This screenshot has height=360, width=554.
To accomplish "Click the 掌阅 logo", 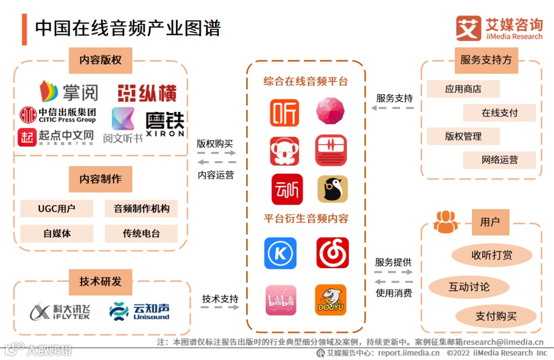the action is click(x=69, y=91).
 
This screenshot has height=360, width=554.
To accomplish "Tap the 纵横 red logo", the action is click(x=147, y=93).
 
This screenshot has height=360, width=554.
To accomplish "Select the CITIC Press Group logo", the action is click(x=57, y=115).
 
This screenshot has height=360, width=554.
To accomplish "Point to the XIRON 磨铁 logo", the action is click(x=164, y=124).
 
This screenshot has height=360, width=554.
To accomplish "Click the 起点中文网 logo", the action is click(x=56, y=137).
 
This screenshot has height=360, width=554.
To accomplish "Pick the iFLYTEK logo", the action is click(x=61, y=311).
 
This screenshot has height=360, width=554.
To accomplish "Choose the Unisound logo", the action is click(x=139, y=311).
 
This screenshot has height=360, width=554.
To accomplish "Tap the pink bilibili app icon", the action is click(x=281, y=300).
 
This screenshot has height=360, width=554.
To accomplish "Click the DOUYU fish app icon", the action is click(x=330, y=300).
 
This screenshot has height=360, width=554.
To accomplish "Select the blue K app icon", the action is click(x=281, y=253).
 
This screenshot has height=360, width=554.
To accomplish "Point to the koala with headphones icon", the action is click(x=284, y=151).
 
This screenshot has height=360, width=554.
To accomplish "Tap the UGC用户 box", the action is click(x=57, y=209).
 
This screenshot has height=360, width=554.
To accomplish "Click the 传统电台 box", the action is click(x=141, y=233).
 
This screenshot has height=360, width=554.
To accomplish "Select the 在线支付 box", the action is click(x=499, y=113).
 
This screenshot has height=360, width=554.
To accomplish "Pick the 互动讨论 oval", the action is click(x=469, y=287).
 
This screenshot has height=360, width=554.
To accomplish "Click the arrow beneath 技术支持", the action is click(x=220, y=307).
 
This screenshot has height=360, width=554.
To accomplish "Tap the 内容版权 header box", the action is click(x=101, y=60).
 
